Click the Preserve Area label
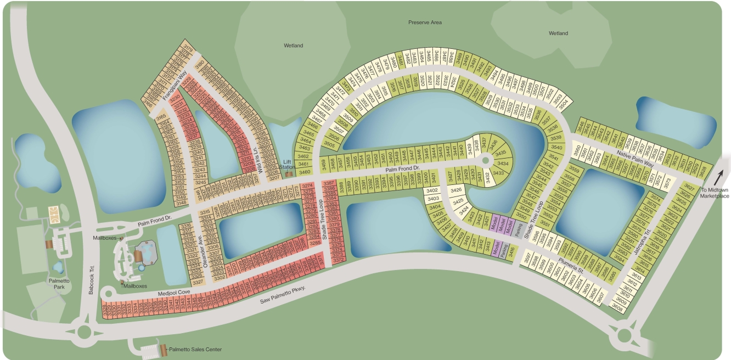pyautogui.click(x=425, y=22)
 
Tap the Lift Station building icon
pyautogui.click(x=289, y=175)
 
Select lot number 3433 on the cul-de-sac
pyautogui.click(x=498, y=173)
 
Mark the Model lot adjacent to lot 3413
pyautogui.click(x=496, y=249)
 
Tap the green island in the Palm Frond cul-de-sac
pyautogui.click(x=486, y=160)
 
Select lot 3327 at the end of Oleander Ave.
pyautogui.click(x=198, y=282)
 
